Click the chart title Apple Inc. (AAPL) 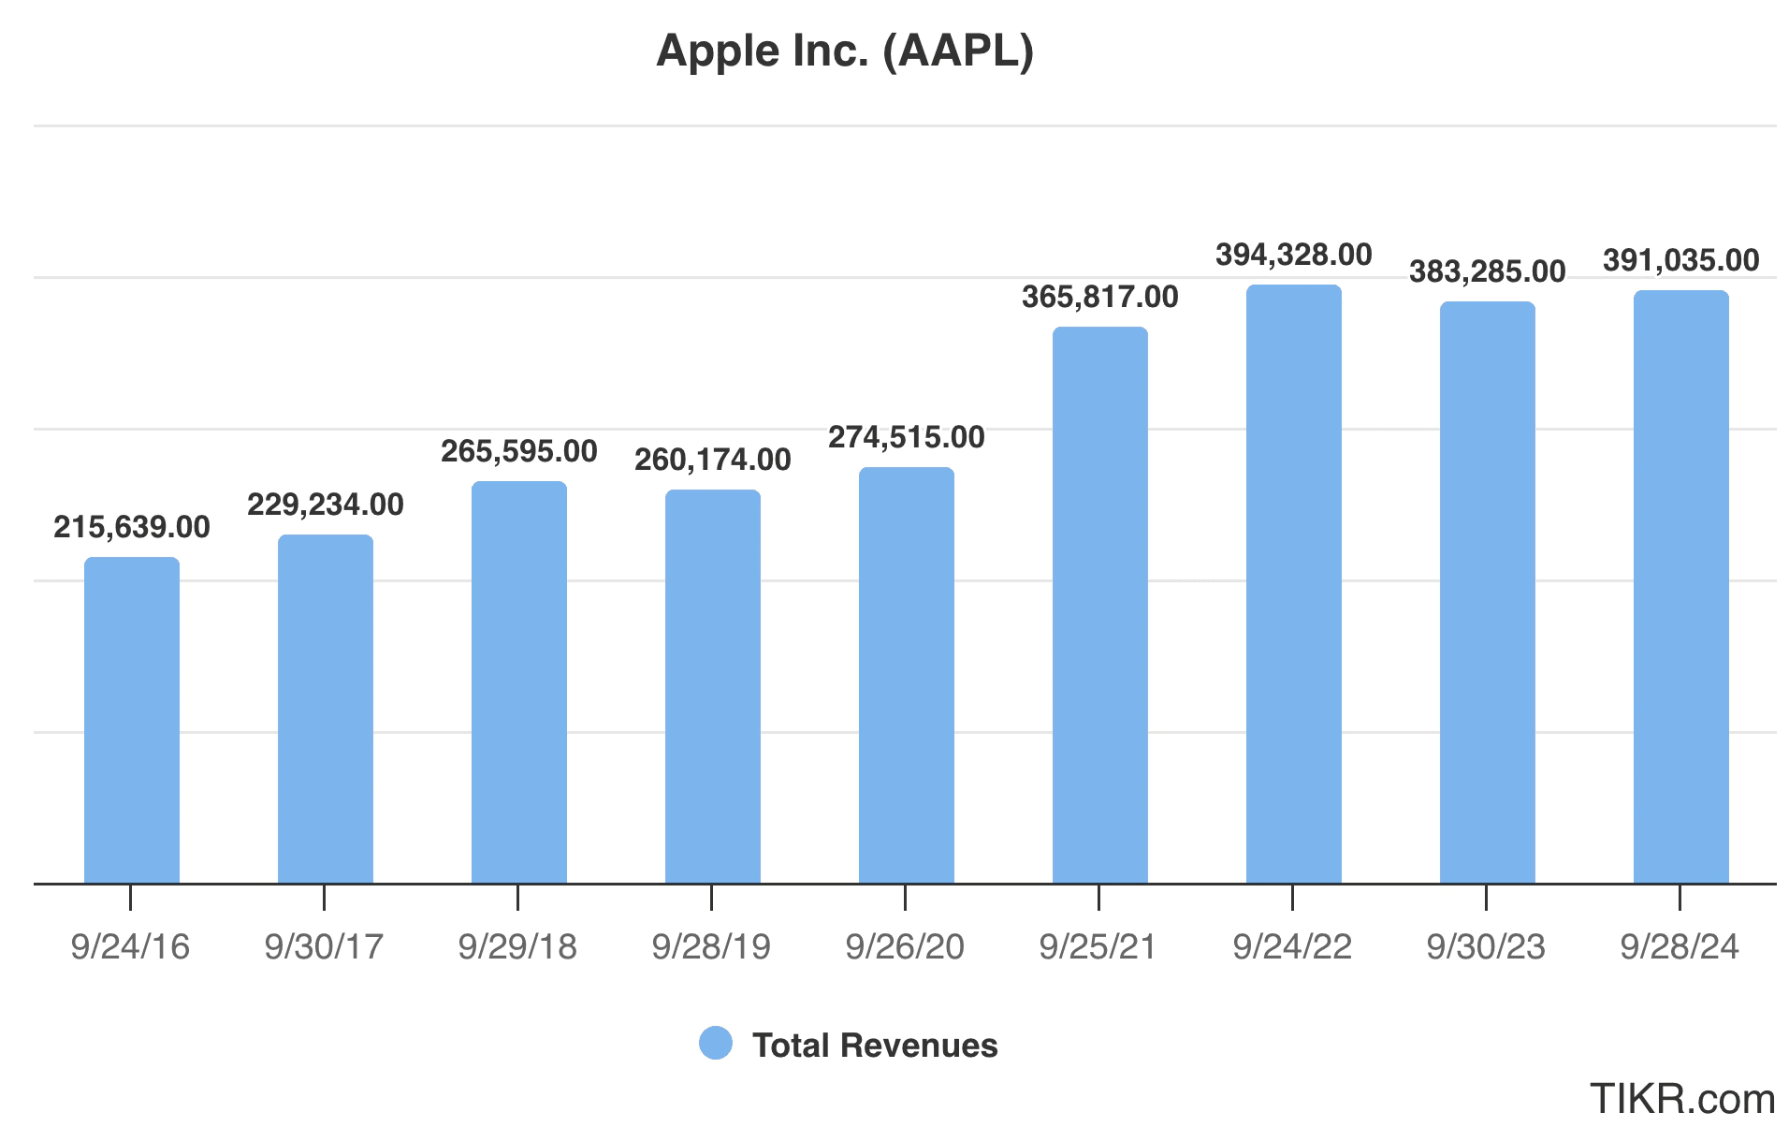click(x=845, y=51)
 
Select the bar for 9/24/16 click(x=132, y=720)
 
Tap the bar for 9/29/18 click(x=519, y=682)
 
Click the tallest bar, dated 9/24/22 click(x=1293, y=584)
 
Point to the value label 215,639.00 click(x=132, y=527)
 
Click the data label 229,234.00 click(x=326, y=505)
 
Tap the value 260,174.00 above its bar click(x=713, y=460)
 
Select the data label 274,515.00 click(x=907, y=437)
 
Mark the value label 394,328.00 click(x=1293, y=255)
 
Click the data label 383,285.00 click(x=1487, y=271)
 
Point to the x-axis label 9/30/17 click(x=324, y=946)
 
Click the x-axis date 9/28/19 click(x=711, y=946)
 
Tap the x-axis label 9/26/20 click(x=905, y=946)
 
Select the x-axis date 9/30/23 click(x=1486, y=946)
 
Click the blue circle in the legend click(x=716, y=1044)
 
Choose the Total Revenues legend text click(x=875, y=1045)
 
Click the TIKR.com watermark click(x=1681, y=1098)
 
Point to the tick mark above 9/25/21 click(x=1098, y=898)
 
